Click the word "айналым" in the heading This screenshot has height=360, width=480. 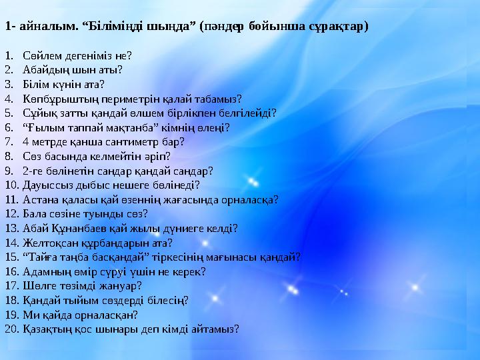pos(49,27)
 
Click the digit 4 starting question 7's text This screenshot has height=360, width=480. pos(26,142)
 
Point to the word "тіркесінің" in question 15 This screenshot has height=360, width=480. pos(177,257)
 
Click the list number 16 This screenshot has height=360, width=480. pos(12,271)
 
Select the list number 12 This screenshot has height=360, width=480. pos(12,214)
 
